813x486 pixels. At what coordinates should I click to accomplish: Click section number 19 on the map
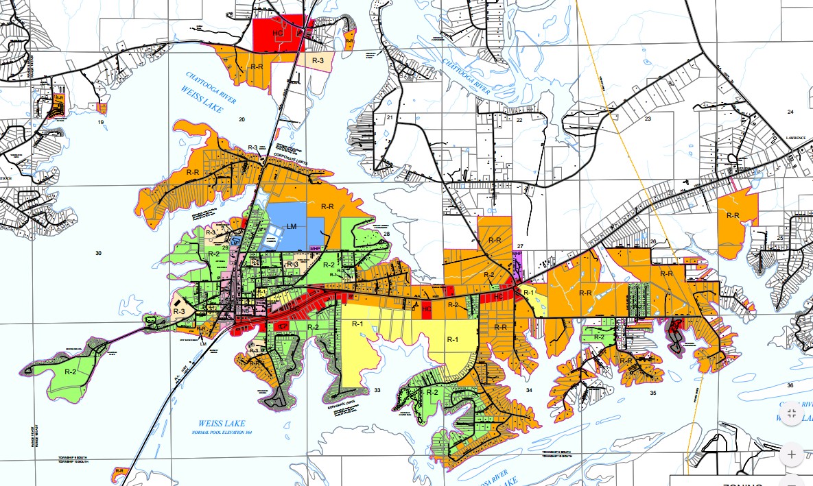[101, 121]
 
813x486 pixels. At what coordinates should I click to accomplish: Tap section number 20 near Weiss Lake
[241, 120]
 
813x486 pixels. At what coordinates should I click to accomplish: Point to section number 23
[647, 119]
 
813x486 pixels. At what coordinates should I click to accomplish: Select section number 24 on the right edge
[790, 112]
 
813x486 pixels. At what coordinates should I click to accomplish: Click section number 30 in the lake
[98, 254]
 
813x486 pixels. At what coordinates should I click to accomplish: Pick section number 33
[377, 390]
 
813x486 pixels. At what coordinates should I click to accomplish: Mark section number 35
[652, 393]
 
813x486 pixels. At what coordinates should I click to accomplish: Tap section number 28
[386, 234]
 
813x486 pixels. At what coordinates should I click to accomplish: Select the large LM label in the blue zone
[292, 226]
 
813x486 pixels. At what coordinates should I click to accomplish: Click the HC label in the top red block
[278, 32]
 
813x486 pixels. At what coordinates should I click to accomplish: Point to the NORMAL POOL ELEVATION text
[221, 433]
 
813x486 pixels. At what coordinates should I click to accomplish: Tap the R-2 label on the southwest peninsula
[70, 371]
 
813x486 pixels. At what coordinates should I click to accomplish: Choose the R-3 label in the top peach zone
[318, 61]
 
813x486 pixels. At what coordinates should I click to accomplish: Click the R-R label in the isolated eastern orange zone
[732, 216]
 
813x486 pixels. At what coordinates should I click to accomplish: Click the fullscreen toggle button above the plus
[791, 413]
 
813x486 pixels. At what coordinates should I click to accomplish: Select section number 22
[519, 120]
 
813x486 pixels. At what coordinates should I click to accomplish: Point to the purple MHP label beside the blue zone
[315, 248]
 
